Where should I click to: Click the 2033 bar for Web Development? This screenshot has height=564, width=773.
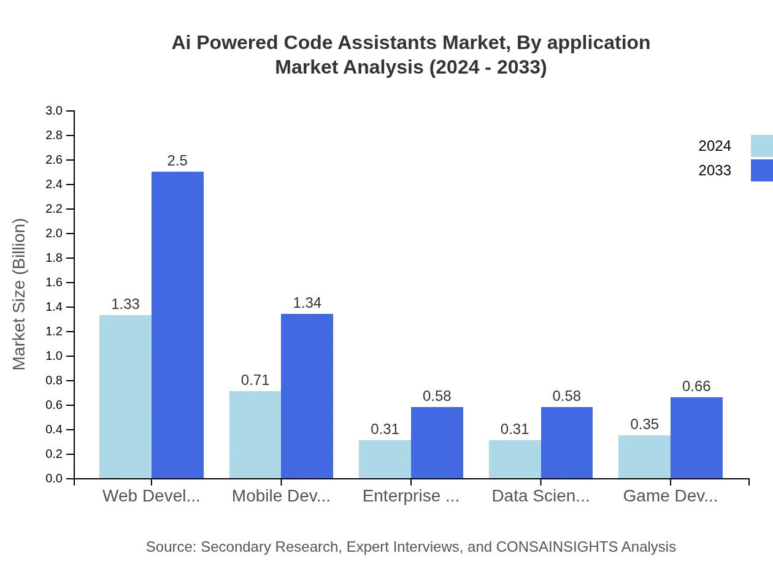pyautogui.click(x=177, y=325)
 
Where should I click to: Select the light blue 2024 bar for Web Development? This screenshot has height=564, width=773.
pyautogui.click(x=125, y=397)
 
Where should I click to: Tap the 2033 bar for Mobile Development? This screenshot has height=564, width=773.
pyautogui.click(x=307, y=396)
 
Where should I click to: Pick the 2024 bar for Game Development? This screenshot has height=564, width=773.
pyautogui.click(x=644, y=457)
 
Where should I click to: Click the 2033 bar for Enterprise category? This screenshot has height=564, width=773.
pyautogui.click(x=437, y=443)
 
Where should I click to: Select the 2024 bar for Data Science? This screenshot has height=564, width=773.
pyautogui.click(x=515, y=459)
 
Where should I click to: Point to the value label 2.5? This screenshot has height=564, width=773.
pyautogui.click(x=177, y=161)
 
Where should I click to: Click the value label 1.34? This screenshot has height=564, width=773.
pyautogui.click(x=307, y=303)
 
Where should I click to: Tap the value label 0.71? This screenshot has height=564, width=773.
pyautogui.click(x=255, y=380)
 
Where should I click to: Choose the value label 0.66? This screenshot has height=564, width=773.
pyautogui.click(x=696, y=386)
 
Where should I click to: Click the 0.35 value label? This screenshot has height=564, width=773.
pyautogui.click(x=644, y=424)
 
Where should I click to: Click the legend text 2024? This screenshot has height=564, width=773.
pyautogui.click(x=715, y=146)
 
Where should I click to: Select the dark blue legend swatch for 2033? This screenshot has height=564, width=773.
pyautogui.click(x=761, y=170)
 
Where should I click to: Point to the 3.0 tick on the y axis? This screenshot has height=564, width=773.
pyautogui.click(x=54, y=111)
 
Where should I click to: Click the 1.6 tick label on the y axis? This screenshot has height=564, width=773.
pyautogui.click(x=54, y=283)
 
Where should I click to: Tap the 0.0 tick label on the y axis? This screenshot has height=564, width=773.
pyautogui.click(x=54, y=479)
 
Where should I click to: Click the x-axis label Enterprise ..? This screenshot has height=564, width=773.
pyautogui.click(x=410, y=496)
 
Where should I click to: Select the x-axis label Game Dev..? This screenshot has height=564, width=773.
pyautogui.click(x=670, y=496)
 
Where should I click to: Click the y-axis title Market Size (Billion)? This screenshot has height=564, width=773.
pyautogui.click(x=20, y=294)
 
